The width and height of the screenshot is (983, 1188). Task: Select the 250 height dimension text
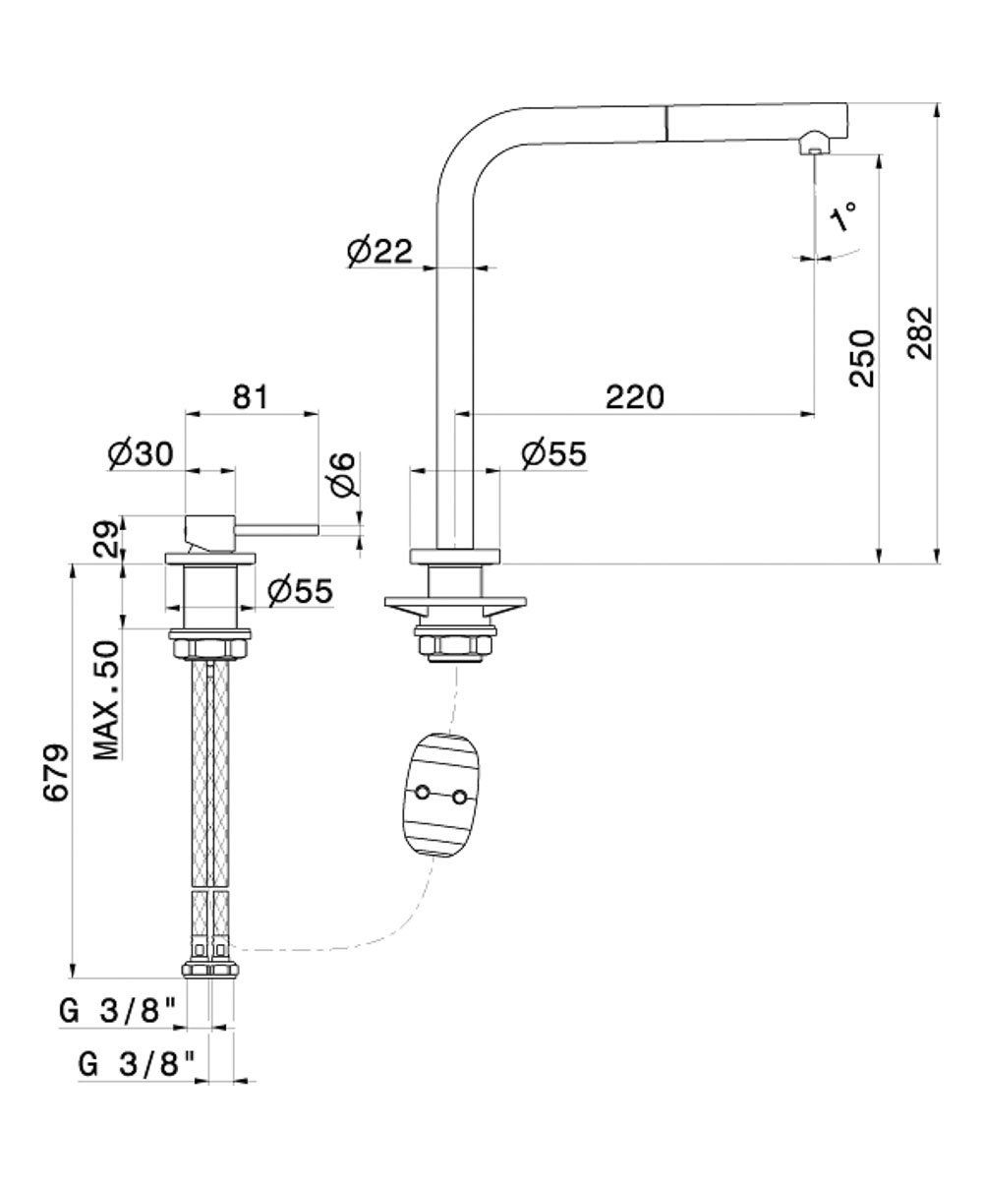pyautogui.click(x=862, y=358)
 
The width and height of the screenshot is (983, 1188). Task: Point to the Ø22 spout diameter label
pyautogui.click(x=378, y=253)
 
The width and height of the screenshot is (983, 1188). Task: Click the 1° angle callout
pyautogui.click(x=844, y=216)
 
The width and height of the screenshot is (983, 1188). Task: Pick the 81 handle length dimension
pyautogui.click(x=250, y=397)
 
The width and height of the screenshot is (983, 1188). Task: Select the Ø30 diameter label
pyautogui.click(x=142, y=453)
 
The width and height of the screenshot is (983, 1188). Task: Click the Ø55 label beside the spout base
pyautogui.click(x=553, y=453)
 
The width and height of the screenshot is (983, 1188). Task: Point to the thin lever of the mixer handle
pyautogui.click(x=277, y=530)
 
